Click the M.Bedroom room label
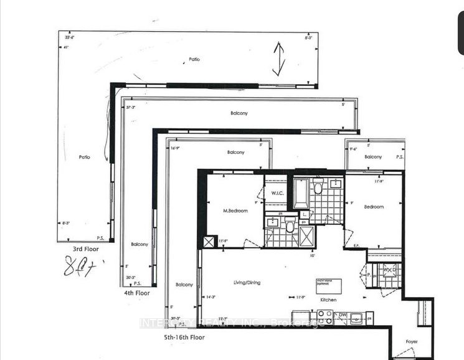pyautogui.click(x=235, y=211)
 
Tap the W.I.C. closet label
pyautogui.click(x=278, y=192)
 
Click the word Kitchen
pyautogui.click(x=328, y=300)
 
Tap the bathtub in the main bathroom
pyautogui.click(x=301, y=195)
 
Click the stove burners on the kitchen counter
pyautogui.click(x=357, y=317)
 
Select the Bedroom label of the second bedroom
pyautogui.click(x=374, y=207)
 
